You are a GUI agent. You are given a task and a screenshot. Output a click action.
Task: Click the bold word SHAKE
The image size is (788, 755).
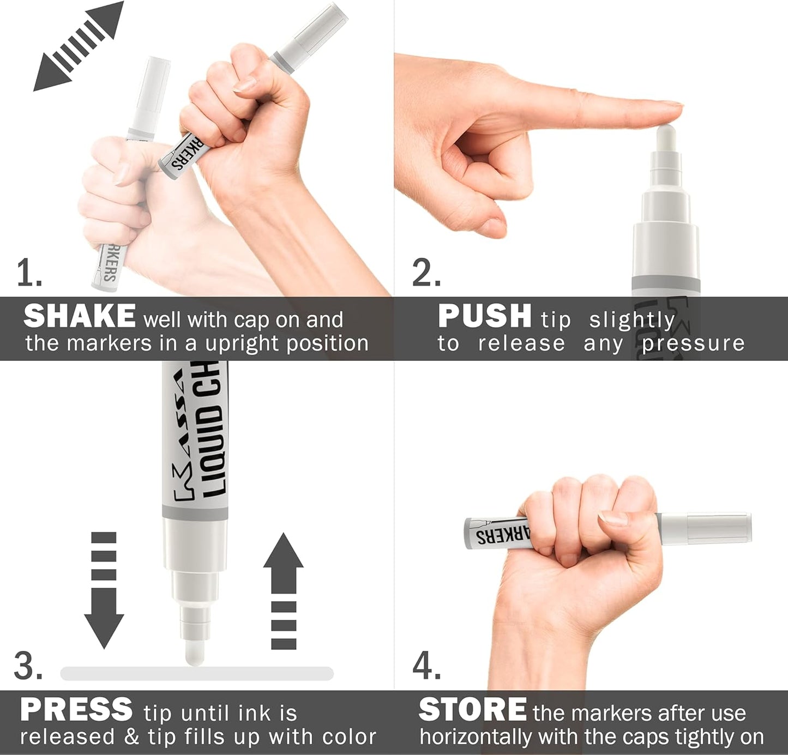79,316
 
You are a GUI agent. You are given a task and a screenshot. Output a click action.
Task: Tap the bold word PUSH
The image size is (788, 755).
484,316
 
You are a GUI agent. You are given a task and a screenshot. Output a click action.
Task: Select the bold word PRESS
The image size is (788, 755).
76,710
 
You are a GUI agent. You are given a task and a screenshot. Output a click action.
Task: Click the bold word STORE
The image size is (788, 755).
472,710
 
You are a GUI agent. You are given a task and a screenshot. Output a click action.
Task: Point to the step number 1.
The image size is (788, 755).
28,273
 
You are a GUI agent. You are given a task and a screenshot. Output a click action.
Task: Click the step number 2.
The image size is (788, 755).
426,273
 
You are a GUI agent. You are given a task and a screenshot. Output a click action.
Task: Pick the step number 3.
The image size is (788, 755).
27,666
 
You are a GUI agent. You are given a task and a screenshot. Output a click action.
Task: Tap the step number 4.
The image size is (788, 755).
426,666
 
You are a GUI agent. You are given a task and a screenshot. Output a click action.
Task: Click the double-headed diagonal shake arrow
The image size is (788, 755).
79,46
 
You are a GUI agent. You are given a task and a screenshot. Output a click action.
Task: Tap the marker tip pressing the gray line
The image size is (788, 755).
195,653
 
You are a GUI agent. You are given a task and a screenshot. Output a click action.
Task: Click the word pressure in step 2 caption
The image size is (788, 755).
693,343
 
